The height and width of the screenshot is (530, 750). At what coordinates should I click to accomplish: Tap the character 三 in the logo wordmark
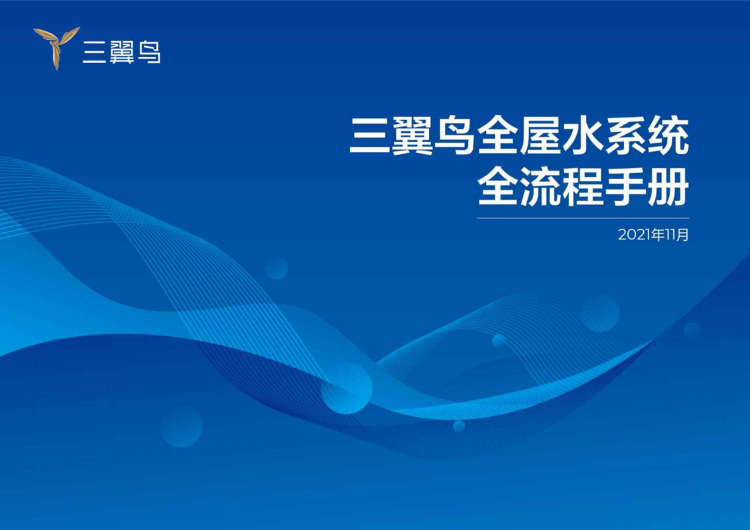(94, 52)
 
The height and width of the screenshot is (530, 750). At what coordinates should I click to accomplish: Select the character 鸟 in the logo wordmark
(149, 52)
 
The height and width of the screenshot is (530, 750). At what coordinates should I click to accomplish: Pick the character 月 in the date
(683, 235)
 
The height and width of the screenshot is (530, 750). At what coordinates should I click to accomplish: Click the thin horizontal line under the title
(583, 218)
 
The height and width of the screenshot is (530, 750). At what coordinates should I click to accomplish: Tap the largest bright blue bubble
(346, 388)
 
